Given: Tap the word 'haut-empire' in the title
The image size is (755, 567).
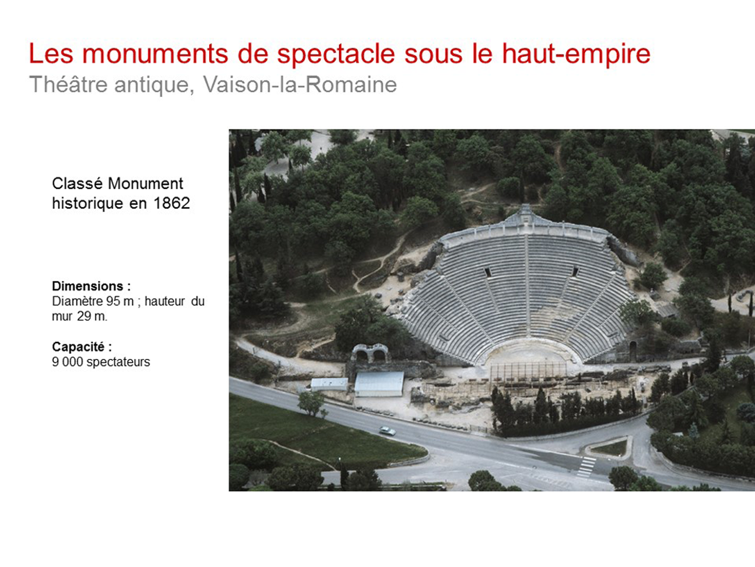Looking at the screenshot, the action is (x=576, y=54).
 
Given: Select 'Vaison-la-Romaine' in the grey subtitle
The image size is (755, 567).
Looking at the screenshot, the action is (x=300, y=84).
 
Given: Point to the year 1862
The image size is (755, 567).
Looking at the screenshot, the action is (x=172, y=203).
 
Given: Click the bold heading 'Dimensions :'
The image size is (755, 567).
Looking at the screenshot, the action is (x=91, y=286).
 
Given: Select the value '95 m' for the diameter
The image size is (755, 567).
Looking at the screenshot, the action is (x=120, y=301).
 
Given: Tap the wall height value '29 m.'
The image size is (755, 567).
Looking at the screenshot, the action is (x=92, y=316).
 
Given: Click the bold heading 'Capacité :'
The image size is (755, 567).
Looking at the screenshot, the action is (x=82, y=346).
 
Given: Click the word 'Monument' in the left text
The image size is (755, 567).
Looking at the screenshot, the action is (x=146, y=184).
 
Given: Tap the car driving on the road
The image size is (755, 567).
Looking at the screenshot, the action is (x=387, y=431).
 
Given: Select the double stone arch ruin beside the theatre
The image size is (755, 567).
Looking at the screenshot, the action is (x=370, y=353).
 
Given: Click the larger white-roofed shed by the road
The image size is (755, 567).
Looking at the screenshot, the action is (x=379, y=383).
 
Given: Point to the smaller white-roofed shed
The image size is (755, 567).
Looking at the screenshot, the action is (x=329, y=384).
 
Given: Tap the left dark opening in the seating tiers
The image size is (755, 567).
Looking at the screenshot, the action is (x=488, y=272).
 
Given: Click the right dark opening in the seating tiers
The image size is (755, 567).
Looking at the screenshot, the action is (x=575, y=271).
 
